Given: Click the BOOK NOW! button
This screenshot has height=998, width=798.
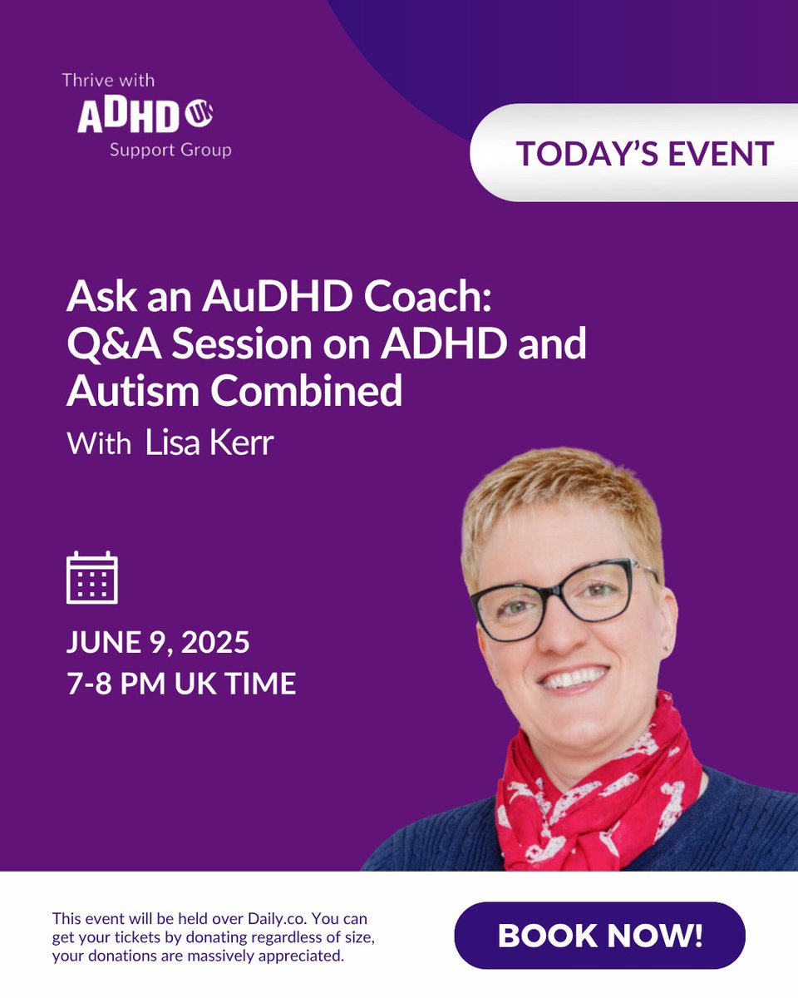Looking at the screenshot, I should (x=599, y=936).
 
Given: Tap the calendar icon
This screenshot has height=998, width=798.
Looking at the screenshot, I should (x=91, y=577).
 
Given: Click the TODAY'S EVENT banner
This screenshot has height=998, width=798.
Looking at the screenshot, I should (x=644, y=153).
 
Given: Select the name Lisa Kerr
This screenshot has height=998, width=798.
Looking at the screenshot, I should (x=209, y=442).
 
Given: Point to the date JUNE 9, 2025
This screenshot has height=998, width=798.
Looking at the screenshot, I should (x=158, y=643).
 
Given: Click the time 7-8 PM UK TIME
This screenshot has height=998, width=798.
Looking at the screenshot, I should (x=181, y=684).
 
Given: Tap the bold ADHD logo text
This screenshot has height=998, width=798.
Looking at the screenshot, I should (x=128, y=117).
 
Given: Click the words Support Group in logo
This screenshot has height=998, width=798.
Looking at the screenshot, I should (x=170, y=151).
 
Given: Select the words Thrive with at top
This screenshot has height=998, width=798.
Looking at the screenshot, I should (x=108, y=81).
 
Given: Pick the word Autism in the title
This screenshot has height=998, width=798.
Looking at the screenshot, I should (x=134, y=390).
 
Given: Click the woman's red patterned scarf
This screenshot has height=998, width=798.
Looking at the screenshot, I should (x=598, y=782).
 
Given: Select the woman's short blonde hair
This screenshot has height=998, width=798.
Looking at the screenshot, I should (x=557, y=499).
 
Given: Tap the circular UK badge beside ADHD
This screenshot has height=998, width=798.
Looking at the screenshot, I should (x=199, y=116).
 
